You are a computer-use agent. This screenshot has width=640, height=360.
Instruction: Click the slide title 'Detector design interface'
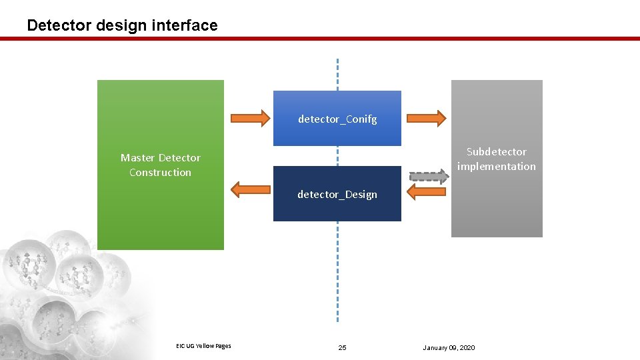coord(122,25)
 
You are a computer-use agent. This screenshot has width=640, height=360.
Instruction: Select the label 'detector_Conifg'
coord(337,119)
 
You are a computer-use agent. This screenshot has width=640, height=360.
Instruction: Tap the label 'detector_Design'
coord(337,195)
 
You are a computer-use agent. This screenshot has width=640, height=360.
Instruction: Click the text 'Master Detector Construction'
coord(160,165)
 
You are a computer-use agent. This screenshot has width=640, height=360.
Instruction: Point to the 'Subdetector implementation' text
coord(497,159)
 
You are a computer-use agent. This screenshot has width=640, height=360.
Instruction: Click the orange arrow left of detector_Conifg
coord(250,119)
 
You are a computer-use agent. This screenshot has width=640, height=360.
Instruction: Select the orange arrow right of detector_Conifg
coord(426,118)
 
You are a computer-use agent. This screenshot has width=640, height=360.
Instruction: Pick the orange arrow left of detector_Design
coord(250,189)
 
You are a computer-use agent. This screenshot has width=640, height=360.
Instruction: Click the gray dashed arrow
coord(427,177)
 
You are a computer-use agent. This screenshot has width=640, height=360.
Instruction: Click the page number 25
coord(343,348)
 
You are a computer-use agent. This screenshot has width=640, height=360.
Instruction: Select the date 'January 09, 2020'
coord(449,348)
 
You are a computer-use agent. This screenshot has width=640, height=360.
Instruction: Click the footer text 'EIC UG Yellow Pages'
coord(203,345)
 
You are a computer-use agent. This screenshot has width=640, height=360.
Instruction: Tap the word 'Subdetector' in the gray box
coord(497,152)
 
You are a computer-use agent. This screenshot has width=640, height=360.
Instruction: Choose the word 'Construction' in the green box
coord(160,173)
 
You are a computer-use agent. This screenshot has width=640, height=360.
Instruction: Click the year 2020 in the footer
coord(467,348)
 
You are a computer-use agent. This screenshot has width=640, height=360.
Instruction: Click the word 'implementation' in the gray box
coord(497,167)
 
